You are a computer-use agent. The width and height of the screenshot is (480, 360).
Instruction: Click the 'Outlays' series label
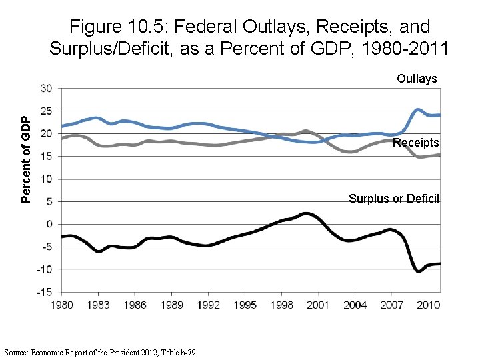pyautogui.click(x=417, y=79)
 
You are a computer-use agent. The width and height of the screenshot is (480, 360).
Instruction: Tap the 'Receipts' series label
pyautogui.click(x=416, y=143)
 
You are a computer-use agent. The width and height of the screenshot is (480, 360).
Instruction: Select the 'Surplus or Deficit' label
pyautogui.click(x=394, y=199)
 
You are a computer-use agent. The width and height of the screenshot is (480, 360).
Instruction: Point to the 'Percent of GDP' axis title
pyautogui.click(x=25, y=158)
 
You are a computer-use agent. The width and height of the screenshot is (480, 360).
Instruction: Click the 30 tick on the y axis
pyautogui.click(x=47, y=88)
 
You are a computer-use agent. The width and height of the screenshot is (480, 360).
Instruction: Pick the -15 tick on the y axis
pyautogui.click(x=45, y=292)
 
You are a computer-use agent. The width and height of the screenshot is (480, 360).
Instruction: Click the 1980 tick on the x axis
pyautogui.click(x=61, y=305)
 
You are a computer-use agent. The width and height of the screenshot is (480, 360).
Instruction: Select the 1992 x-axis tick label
pyautogui.click(x=208, y=305)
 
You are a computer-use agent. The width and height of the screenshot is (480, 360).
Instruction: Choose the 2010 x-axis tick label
pyautogui.click(x=428, y=305)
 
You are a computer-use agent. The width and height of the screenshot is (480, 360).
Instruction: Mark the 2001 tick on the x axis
pyautogui.click(x=318, y=305)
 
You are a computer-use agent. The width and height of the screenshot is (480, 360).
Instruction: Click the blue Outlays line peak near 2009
pyautogui.click(x=417, y=109)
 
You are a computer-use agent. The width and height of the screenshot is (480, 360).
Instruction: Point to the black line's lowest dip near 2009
pyautogui.click(x=418, y=271)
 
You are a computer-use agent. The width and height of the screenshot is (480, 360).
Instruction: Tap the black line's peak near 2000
pyautogui.click(x=306, y=213)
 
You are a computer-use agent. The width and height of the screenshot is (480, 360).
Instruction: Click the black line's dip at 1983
pyautogui.click(x=99, y=251)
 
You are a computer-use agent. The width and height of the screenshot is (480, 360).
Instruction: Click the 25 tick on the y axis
pyautogui.click(x=47, y=111)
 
